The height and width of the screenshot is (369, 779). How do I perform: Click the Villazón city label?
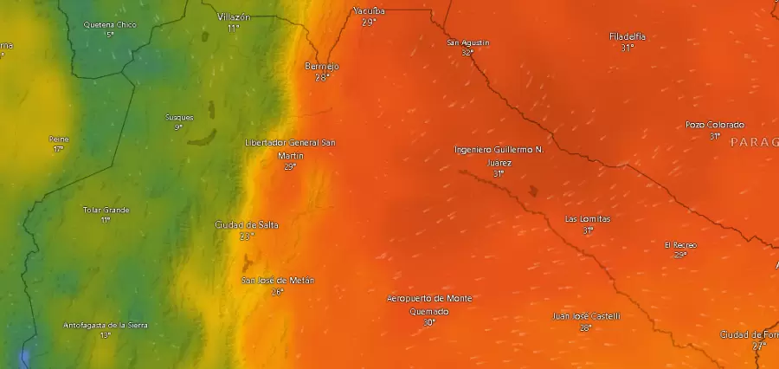pos(234,16)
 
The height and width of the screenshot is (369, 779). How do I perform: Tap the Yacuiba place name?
pos(369,11)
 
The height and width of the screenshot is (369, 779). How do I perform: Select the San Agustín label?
pos(468,42)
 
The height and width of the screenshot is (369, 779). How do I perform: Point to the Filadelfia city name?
pos(628,36)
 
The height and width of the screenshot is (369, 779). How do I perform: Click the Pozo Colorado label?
pos(715,125)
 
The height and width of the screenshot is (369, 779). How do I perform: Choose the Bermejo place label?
pos(322,66)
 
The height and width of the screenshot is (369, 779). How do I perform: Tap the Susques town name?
pos(179,117)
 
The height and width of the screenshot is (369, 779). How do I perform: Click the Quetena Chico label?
pos(110,24)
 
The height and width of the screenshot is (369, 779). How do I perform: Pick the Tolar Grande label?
pos(106,210)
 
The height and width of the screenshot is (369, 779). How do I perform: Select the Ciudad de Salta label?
pos(247,225)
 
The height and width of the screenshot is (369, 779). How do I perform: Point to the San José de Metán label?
pos(277,281)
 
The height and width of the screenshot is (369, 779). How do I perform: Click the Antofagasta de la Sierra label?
pos(106,325)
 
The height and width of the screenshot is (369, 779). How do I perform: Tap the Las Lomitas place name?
pos(588,219)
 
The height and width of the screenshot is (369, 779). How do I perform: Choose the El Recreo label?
pos(680,244)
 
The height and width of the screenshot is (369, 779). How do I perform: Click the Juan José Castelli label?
pos(586,316)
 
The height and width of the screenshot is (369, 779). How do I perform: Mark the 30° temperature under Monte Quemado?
pos(429,322)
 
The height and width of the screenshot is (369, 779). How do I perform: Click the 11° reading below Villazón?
pos(234,28)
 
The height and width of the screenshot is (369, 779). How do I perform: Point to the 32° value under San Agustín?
pos(468,52)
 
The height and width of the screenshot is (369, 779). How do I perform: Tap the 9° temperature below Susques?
pos(179,127)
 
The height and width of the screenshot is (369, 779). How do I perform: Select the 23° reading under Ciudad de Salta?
pos(247,236)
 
